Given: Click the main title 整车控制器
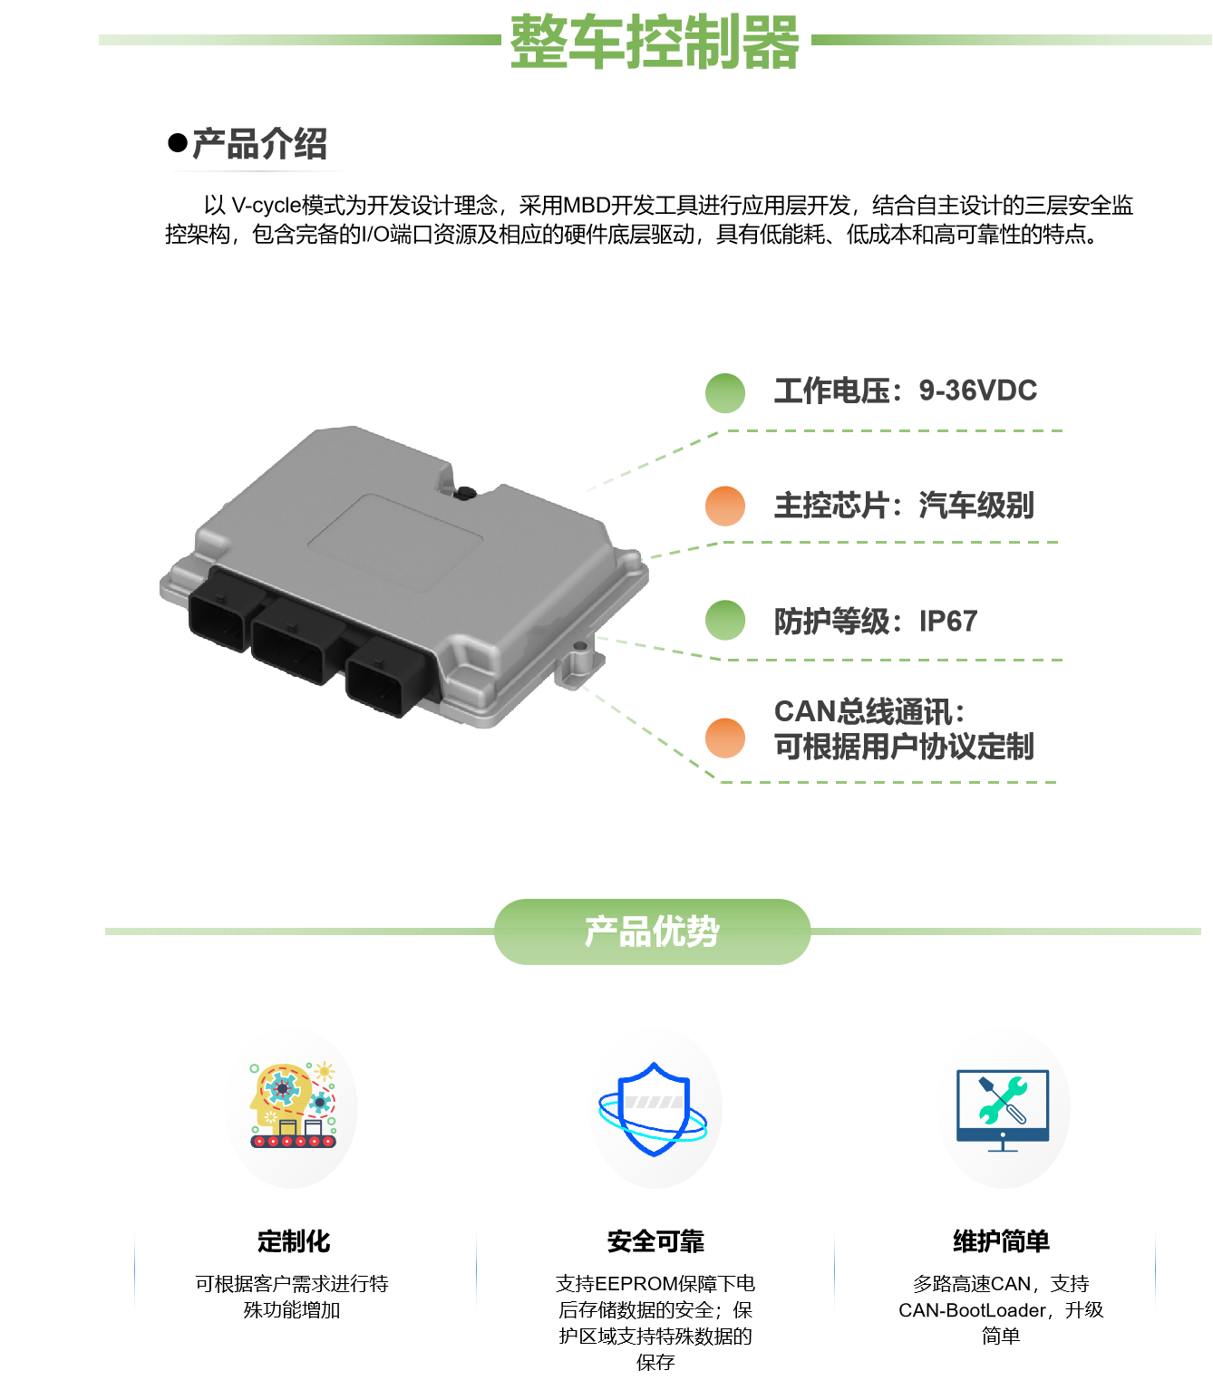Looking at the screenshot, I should pyautogui.click(x=654, y=42).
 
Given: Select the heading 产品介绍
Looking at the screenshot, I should pyautogui.click(x=259, y=144).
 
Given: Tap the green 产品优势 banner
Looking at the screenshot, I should pyautogui.click(x=652, y=931).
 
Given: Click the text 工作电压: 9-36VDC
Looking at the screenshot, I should pyautogui.click(x=905, y=391).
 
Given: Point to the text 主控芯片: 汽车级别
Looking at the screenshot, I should pyautogui.click(x=903, y=506).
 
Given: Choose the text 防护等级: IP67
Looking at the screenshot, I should pyautogui.click(x=875, y=622).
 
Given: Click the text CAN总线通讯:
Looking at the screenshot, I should pyautogui.click(x=869, y=712).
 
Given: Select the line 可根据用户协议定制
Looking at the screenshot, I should pyautogui.click(x=903, y=747).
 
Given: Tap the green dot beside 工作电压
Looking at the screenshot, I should pyautogui.click(x=725, y=393).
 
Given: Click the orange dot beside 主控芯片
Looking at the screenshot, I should pyautogui.click(x=725, y=507).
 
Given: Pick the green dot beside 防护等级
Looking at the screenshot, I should pyautogui.click(x=725, y=621).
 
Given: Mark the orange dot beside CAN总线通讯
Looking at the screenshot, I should pyautogui.click(x=725, y=738).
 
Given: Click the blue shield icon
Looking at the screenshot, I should pyautogui.click(x=655, y=1108).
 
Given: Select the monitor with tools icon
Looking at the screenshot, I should pyautogui.click(x=1003, y=1108).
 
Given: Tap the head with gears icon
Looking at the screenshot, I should pyautogui.click(x=291, y=1108).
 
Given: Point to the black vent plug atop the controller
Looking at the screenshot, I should pyautogui.click(x=465, y=493).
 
